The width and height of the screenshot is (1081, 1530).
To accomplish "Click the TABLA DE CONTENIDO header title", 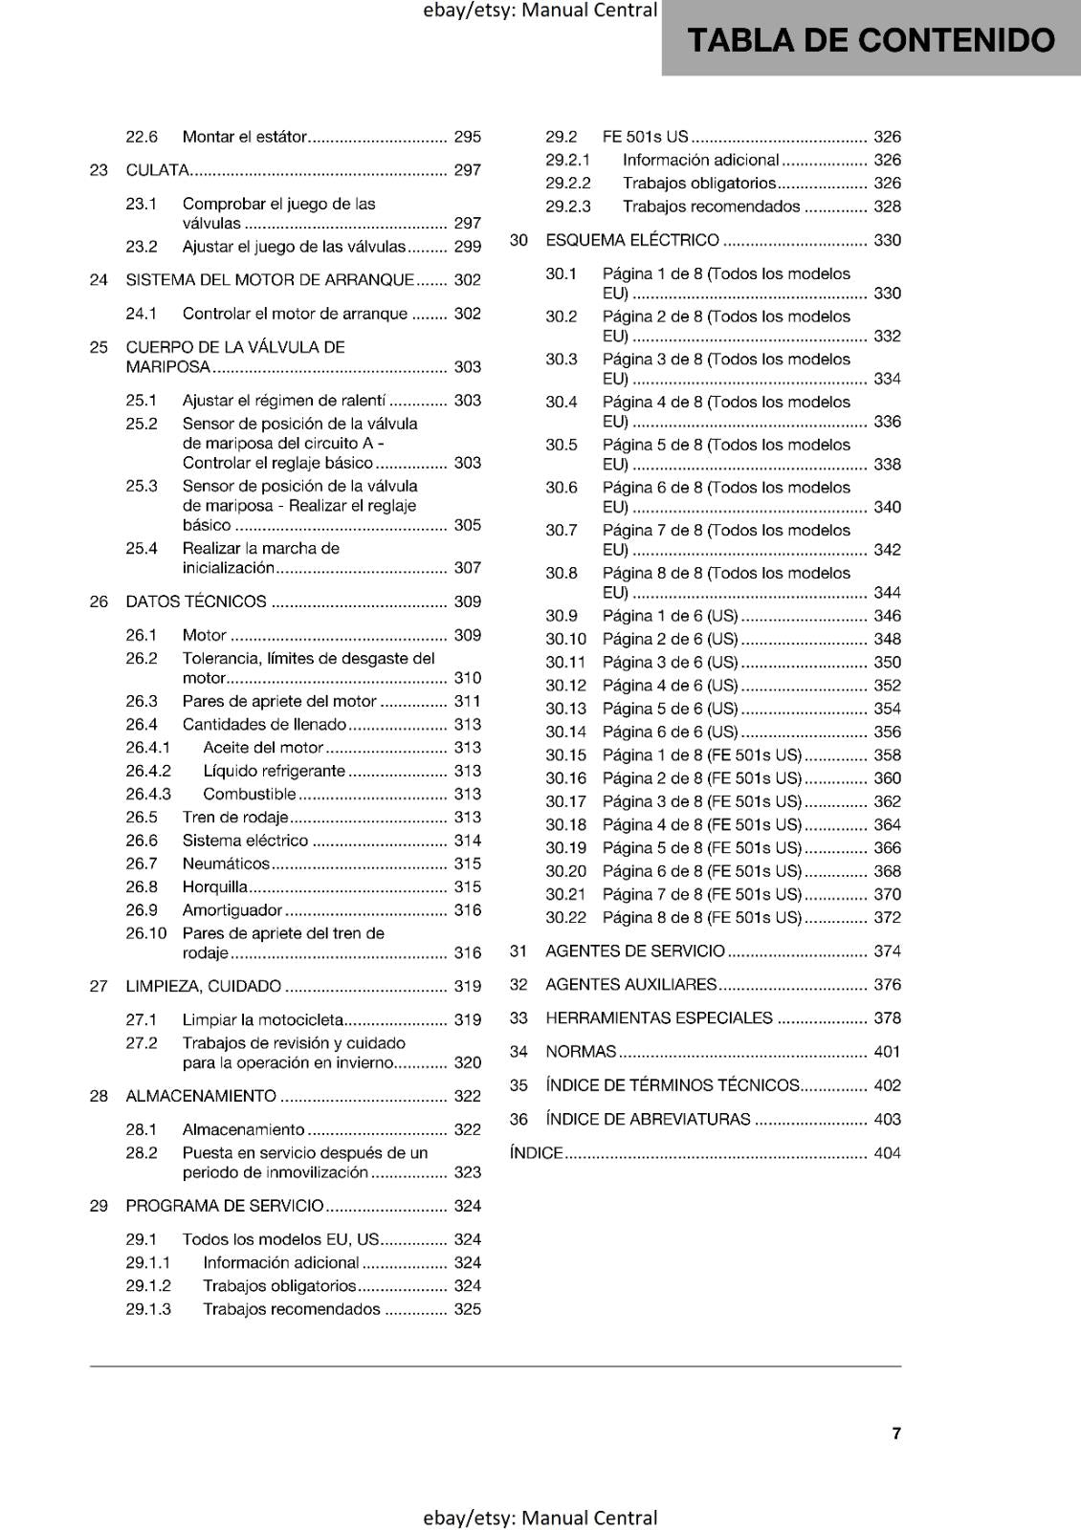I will (x=871, y=40).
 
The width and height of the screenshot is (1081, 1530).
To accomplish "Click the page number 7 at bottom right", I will (x=896, y=1433).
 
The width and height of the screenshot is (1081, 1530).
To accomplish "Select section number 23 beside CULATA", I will (x=99, y=170).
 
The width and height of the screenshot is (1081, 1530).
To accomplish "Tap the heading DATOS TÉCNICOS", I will (x=196, y=601).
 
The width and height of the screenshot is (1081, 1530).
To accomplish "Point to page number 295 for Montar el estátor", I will (x=468, y=137).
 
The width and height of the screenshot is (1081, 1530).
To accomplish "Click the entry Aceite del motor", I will (x=263, y=748).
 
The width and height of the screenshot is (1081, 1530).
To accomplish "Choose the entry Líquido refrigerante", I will (x=274, y=771).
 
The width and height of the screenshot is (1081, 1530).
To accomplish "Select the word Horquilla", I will (x=215, y=886).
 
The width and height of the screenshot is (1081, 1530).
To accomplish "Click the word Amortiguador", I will (x=232, y=910).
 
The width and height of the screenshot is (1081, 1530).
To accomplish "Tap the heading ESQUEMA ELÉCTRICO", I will (x=632, y=240).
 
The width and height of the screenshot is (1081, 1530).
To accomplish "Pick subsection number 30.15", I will (x=565, y=755).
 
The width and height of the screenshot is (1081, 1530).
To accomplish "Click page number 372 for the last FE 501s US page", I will (x=887, y=918).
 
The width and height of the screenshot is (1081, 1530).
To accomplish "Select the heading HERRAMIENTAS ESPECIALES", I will (x=659, y=1018).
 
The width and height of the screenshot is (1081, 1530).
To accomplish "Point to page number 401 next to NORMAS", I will (x=887, y=1052).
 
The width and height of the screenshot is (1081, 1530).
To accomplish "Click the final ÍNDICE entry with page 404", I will (x=537, y=1153).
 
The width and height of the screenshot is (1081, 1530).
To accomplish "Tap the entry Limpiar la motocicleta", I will (x=262, y=1020).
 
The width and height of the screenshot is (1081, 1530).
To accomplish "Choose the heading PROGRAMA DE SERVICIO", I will (x=225, y=1206).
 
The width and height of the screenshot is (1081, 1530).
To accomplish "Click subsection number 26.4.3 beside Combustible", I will (x=148, y=795).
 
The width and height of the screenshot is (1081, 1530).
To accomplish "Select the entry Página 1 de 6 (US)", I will (x=671, y=616).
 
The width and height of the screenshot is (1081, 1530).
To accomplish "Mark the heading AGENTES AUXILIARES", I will (x=631, y=985).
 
